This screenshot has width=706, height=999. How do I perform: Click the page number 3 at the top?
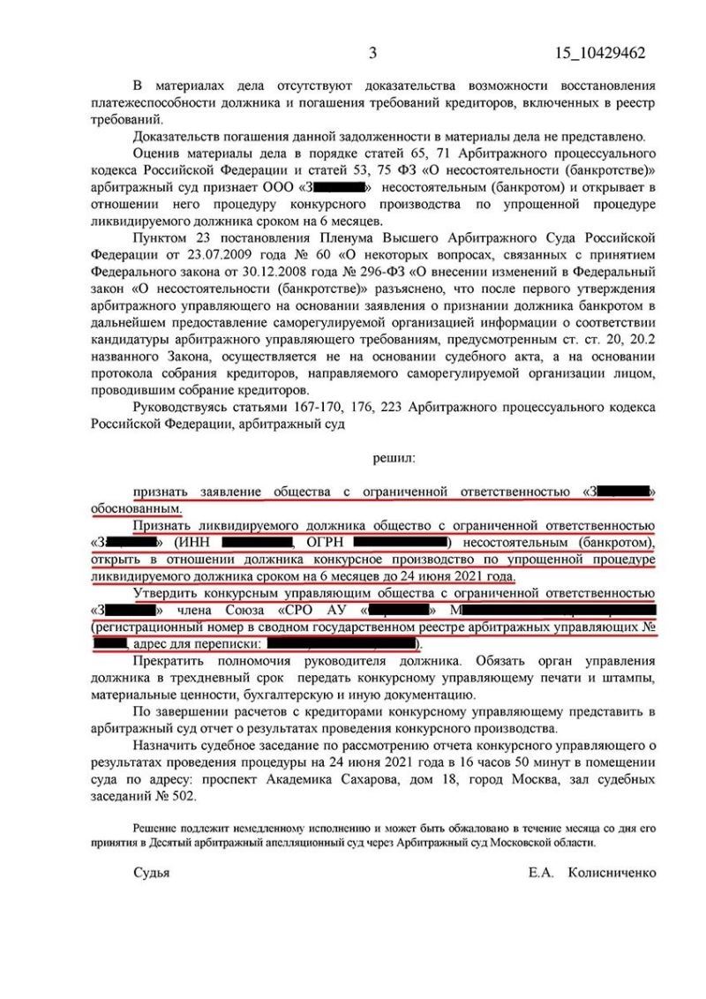click(372, 53)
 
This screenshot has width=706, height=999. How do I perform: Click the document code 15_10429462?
click(600, 53)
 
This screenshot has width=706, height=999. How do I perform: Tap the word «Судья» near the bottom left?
click(151, 872)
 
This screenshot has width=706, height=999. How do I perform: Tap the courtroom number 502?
click(178, 794)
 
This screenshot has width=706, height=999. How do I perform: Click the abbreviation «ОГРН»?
click(334, 540)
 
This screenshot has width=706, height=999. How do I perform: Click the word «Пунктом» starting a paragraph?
click(158, 238)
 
